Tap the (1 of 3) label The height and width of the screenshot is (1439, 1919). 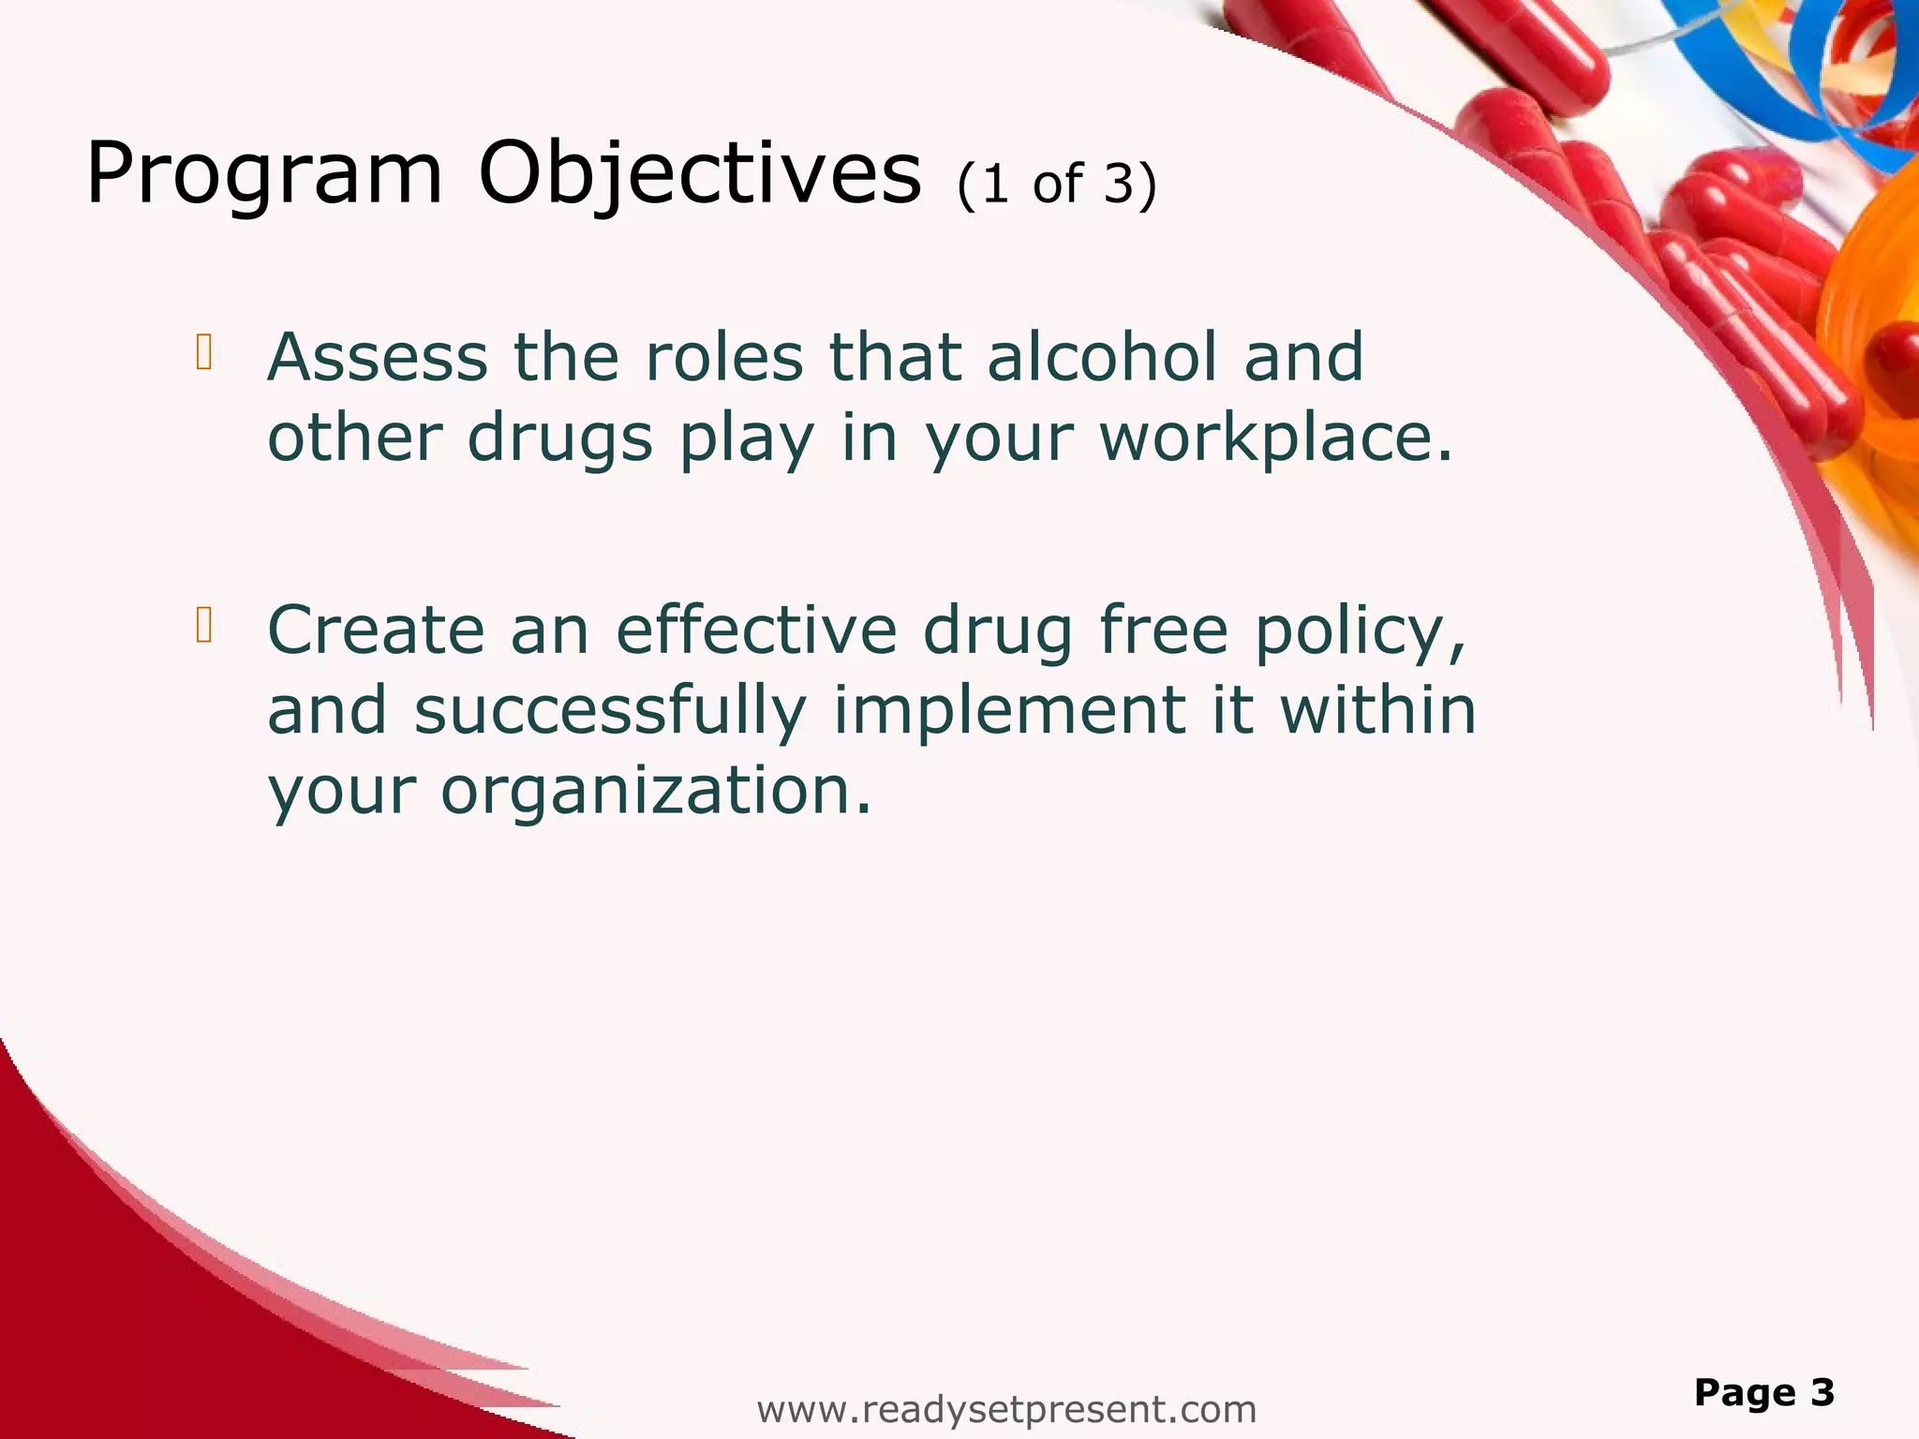[x=1057, y=184]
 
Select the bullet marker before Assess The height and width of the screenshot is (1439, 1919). [x=204, y=352]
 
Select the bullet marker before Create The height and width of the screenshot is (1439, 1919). [x=204, y=625]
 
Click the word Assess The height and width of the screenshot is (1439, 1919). [x=378, y=358]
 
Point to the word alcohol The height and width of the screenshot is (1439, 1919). [x=1103, y=358]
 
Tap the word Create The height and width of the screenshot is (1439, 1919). [x=376, y=630]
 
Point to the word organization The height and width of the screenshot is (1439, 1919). [x=656, y=792]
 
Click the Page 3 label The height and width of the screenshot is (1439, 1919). [x=1763, y=1393]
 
